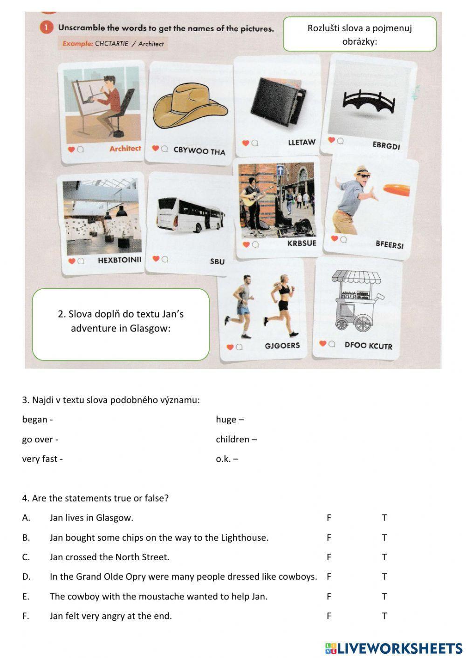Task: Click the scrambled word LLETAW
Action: (x=302, y=142)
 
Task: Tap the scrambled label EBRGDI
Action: (x=386, y=145)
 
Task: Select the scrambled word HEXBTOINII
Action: (x=119, y=260)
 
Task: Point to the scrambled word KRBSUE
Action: (x=302, y=243)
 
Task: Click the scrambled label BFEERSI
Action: (x=390, y=244)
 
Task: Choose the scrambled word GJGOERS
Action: (x=282, y=346)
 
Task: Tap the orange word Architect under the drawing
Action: (x=125, y=149)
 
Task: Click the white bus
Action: (x=191, y=214)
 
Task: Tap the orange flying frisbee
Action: (x=397, y=189)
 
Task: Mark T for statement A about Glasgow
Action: (x=384, y=517)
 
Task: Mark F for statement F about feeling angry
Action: (x=329, y=616)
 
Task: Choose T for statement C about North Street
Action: (x=384, y=557)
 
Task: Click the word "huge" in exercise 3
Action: (x=226, y=420)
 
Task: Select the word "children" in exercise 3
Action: (x=233, y=439)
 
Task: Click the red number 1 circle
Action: (x=47, y=28)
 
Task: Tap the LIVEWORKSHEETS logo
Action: (x=394, y=648)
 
